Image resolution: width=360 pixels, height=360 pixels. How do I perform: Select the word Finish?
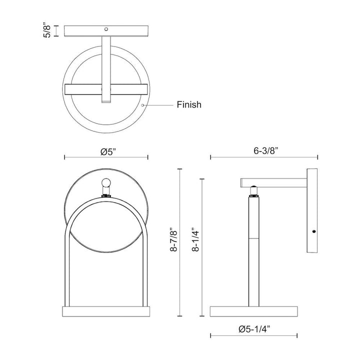click(189, 105)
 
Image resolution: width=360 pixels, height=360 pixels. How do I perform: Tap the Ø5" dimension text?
click(106, 151)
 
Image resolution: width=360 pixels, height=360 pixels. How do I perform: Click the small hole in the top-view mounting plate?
click(106, 29)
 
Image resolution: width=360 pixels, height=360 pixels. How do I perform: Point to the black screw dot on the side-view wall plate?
click(313, 231)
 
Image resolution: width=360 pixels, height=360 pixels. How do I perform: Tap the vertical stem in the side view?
click(253, 250)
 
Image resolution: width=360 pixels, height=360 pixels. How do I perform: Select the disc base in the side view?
click(253, 311)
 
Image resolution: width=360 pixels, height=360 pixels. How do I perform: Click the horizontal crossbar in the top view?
click(106, 89)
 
